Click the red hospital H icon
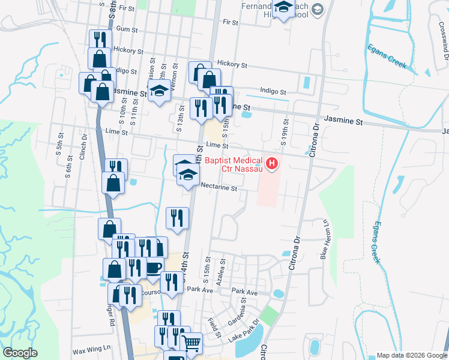click(x=273, y=163)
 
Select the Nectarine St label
click(x=219, y=188)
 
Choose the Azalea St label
click(x=223, y=268)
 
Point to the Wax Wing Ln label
click(x=92, y=348)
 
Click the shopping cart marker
click(x=191, y=343)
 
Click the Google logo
click(x=20, y=353)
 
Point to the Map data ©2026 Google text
click(x=412, y=356)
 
